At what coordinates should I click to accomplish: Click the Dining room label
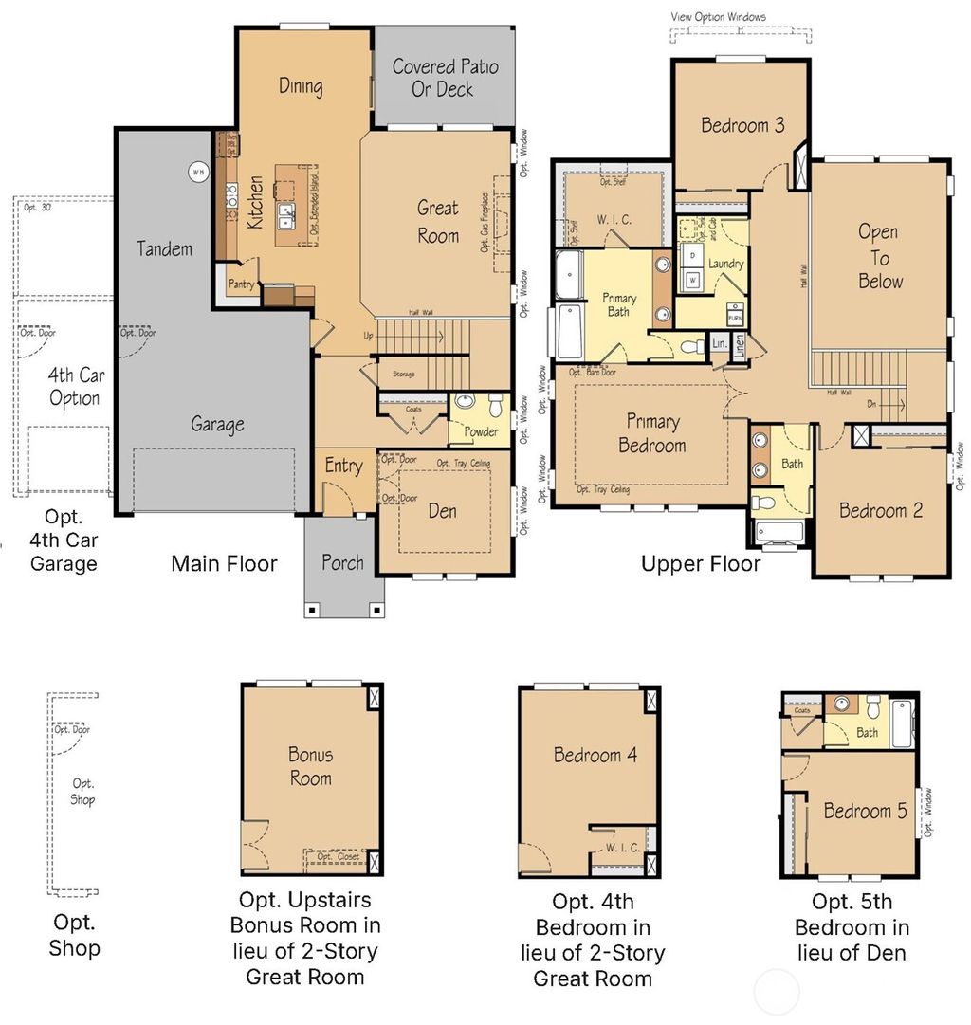tap(301, 86)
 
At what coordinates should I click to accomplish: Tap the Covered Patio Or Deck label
tap(445, 78)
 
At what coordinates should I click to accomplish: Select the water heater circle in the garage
tap(198, 172)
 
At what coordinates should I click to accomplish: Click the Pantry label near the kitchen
tap(239, 283)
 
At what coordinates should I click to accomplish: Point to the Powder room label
tap(481, 431)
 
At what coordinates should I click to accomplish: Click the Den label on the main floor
tap(442, 511)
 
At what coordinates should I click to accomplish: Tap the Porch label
tap(342, 562)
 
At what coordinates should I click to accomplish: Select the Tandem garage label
tap(164, 248)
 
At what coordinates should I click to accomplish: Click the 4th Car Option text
tap(75, 386)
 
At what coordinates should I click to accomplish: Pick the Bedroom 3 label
tap(742, 125)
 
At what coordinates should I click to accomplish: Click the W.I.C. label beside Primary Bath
tap(614, 221)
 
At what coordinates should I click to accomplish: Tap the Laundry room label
tap(725, 264)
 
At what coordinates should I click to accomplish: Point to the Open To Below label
tap(879, 256)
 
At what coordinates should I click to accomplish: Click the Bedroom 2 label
tap(880, 510)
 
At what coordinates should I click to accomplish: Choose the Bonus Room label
tap(310, 766)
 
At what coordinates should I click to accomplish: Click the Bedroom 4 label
tap(595, 755)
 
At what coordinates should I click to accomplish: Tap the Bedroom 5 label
tap(857, 811)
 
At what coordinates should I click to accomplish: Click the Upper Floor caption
tap(700, 564)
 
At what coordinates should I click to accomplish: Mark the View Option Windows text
tap(718, 16)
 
